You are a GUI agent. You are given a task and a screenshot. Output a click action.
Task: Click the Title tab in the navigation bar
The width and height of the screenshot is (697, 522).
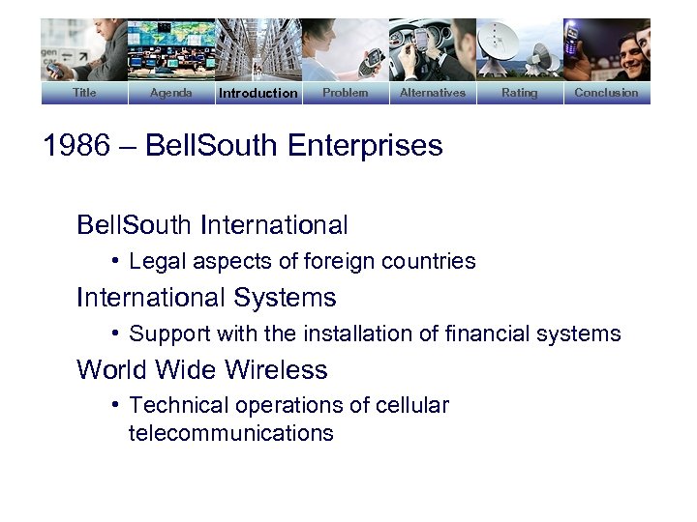coord(84,93)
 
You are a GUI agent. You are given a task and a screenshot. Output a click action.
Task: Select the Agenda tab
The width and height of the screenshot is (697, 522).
coord(171,93)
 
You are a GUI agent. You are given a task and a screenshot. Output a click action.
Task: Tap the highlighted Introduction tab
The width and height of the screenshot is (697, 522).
coord(258,93)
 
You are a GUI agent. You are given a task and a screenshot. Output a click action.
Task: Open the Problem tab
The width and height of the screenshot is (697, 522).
coord(346,93)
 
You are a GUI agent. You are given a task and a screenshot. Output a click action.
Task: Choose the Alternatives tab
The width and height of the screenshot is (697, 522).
coord(433,93)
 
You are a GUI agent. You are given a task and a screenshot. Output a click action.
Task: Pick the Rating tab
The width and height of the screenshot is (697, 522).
coord(520,93)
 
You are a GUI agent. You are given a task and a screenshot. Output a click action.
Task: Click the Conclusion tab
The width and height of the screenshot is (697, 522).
coord(607,93)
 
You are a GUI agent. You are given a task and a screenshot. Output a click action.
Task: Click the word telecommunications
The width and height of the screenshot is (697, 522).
coord(231,433)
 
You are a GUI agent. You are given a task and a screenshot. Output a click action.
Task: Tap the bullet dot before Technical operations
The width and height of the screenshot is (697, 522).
coord(114,405)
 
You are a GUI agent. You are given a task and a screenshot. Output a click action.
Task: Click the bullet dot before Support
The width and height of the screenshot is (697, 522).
coord(114,333)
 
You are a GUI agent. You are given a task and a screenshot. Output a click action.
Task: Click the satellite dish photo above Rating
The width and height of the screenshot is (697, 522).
coord(520,50)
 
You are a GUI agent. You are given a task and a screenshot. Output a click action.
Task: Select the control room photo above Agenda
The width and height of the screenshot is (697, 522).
coord(171,50)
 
